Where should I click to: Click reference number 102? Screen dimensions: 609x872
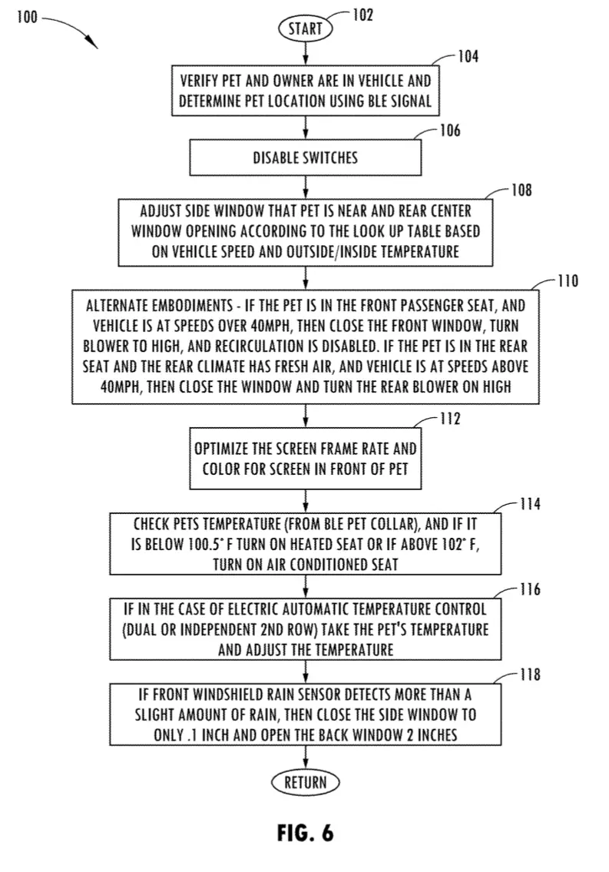point(362,15)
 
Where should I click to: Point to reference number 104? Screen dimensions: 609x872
point(468,56)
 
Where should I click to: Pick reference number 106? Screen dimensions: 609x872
point(450,130)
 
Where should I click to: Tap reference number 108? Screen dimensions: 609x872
point(521,191)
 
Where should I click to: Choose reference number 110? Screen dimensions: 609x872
point(568,281)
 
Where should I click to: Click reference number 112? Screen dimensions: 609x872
point(450,418)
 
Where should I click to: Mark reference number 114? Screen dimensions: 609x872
point(530,504)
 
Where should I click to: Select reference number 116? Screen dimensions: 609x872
point(530,589)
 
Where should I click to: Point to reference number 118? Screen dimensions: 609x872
point(530,675)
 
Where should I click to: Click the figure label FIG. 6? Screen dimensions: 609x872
point(305,833)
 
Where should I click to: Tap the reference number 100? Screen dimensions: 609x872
point(27,17)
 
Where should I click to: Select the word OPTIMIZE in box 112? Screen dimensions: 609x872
point(219,449)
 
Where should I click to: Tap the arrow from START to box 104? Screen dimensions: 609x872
point(306,53)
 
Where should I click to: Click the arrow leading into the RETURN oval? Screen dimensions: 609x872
point(306,758)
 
